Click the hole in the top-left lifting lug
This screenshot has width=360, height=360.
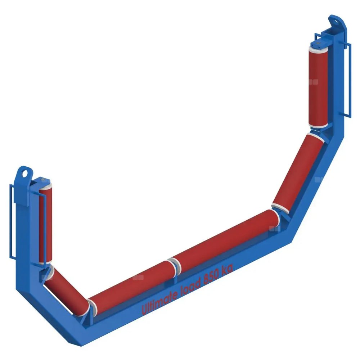(24, 174)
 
